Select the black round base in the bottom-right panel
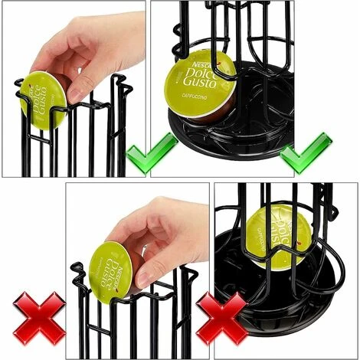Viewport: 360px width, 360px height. (x=253, y=299)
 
